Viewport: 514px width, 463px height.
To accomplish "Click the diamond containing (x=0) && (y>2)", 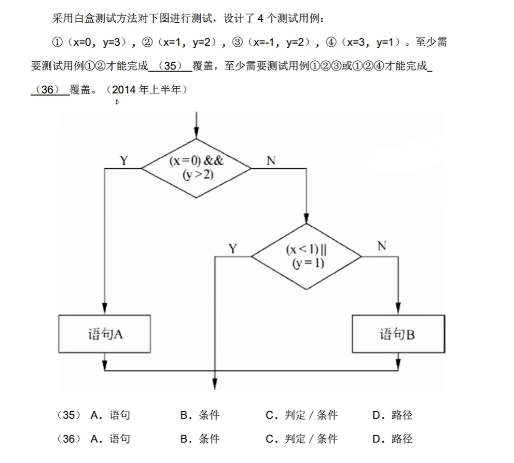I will point(196,168).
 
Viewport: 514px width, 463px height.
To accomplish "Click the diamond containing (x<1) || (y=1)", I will point(306,256).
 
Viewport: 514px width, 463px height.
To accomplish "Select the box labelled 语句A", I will point(105,334).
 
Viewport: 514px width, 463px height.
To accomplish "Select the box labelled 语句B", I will point(398,334).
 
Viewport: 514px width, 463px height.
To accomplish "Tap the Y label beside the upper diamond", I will point(123,161).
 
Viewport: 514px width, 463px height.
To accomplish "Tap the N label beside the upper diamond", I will point(271,161).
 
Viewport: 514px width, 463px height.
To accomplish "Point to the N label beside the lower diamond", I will point(382,246).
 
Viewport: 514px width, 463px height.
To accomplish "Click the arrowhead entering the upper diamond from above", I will point(196,134).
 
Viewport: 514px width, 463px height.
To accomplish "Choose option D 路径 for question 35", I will point(393,415).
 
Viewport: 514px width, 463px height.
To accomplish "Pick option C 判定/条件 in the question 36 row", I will point(301,439).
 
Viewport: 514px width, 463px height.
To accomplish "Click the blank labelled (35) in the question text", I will point(170,66).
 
